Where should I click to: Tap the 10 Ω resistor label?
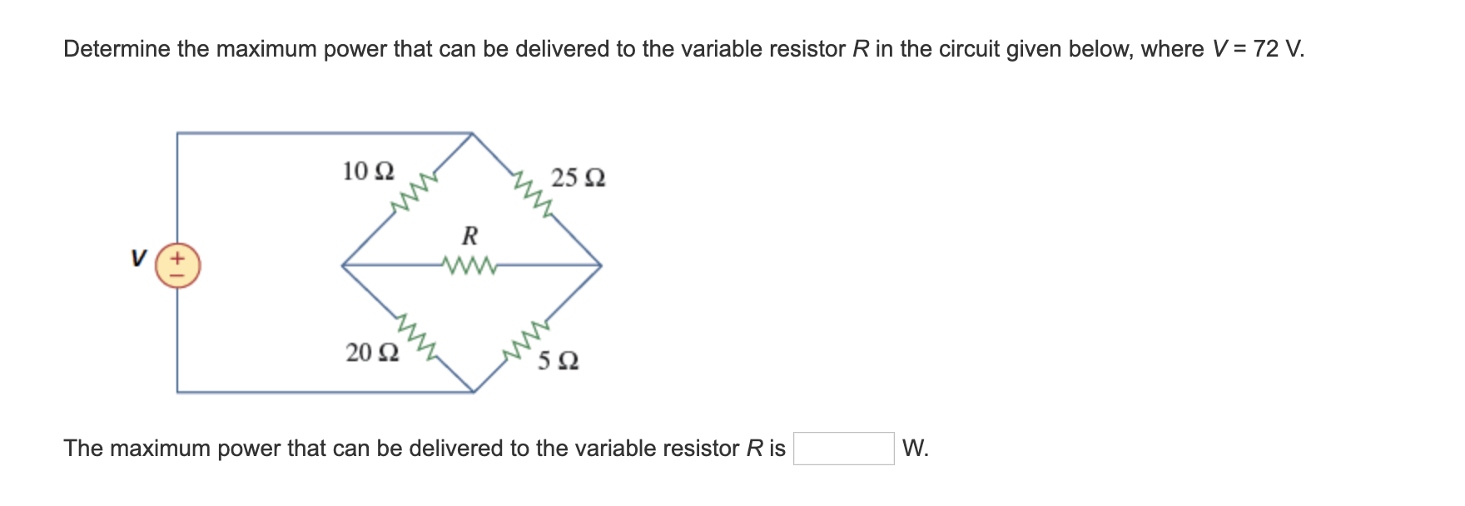pos(368,171)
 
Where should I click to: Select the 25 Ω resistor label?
pos(578,178)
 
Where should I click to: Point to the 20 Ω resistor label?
pos(372,353)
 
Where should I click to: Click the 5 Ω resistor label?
pos(558,361)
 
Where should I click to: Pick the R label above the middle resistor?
pos(469,236)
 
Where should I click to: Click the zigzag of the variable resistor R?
pos(470,266)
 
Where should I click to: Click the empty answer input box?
pos(843,449)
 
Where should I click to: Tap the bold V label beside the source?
pos(138,258)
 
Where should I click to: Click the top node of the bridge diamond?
pos(473,133)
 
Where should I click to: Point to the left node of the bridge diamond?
pos(342,265)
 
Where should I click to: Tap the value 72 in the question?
pos(1265,49)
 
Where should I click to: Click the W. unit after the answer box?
pos(915,449)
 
